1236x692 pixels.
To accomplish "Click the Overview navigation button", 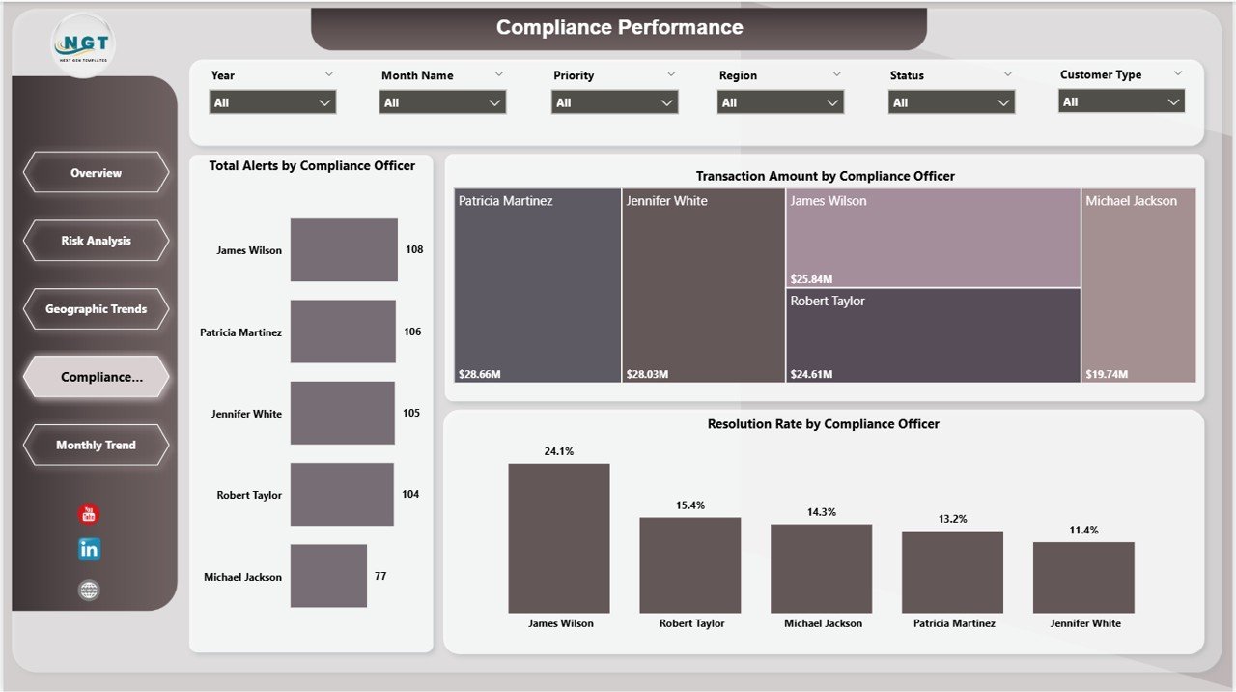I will coord(96,173).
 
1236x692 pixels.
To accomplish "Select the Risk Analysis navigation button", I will coord(96,241).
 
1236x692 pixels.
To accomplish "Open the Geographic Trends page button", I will coord(96,309).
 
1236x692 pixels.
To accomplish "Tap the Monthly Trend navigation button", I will coord(96,446).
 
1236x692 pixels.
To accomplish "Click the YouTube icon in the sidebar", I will coord(89,514).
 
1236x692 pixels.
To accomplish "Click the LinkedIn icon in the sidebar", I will coord(89,549).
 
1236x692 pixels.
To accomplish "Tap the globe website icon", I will coord(89,590).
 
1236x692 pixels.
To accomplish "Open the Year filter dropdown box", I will coord(272,102).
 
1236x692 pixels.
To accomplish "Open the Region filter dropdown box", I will coord(780,102).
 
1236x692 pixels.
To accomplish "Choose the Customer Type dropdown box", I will coord(1121,101).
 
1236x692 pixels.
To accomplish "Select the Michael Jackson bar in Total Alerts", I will coord(328,576).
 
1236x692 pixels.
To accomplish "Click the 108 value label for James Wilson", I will coord(413,249).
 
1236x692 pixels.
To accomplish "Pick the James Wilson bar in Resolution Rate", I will coord(559,537).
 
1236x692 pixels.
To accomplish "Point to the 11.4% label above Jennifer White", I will coord(1083,531).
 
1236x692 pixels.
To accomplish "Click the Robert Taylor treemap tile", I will coord(933,334).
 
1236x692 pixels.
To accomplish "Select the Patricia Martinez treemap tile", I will coord(537,285).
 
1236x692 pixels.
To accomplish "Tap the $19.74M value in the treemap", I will coord(1107,374).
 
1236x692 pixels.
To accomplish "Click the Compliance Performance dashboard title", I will coord(619,28).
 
